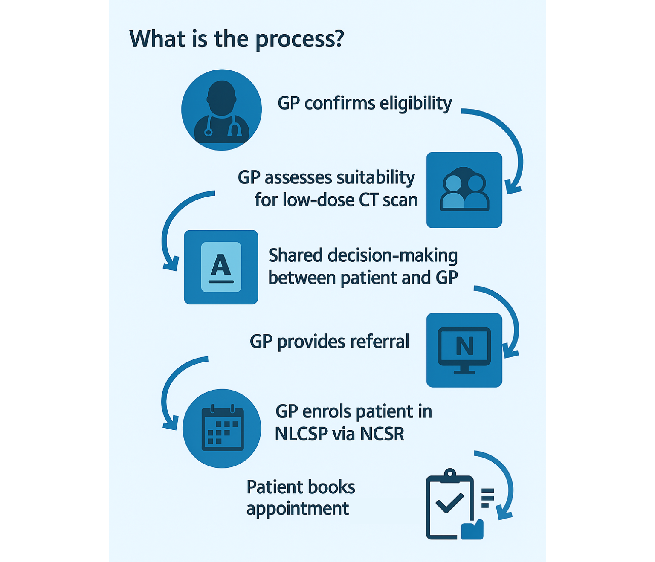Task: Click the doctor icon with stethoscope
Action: (221, 110)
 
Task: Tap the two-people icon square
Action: (464, 190)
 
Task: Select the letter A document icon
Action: (221, 267)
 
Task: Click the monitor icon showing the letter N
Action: (464, 350)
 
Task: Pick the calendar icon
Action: (222, 428)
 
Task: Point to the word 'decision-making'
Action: (393, 255)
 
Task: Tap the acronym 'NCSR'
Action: (382, 434)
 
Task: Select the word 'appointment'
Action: (298, 509)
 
